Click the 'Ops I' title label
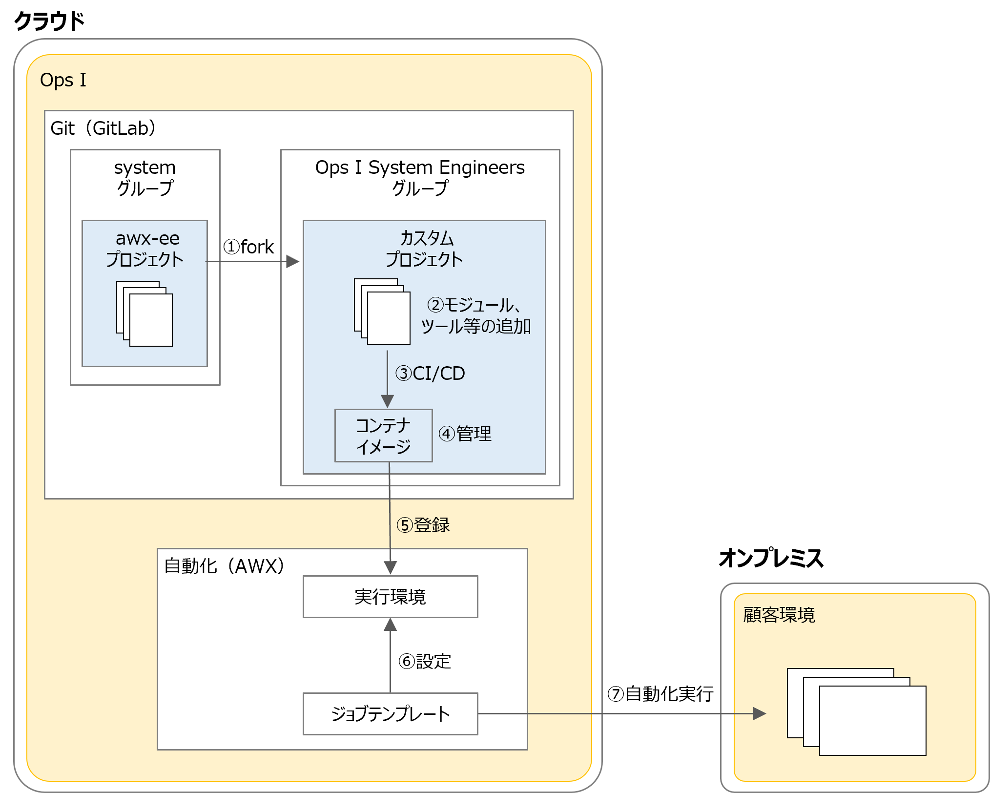coord(63,80)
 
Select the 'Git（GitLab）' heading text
coord(103,128)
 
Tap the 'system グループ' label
coord(145,178)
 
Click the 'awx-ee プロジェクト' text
coord(145,249)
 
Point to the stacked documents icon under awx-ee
coord(144,313)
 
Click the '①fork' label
coord(249,247)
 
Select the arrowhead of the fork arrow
coord(292,262)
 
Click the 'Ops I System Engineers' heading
coord(420,167)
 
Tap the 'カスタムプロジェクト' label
coord(424,249)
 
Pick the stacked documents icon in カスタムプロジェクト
coord(382,312)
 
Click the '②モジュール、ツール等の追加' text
coord(475,315)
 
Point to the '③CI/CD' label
coord(430,374)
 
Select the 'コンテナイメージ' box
coord(383,436)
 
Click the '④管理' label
coord(465,434)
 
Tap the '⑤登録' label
coord(423,525)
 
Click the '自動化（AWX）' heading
coord(224,566)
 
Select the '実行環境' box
coord(390,597)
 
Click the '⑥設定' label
coord(425,661)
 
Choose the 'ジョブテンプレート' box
coord(390,714)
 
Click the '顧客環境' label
coord(779,615)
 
